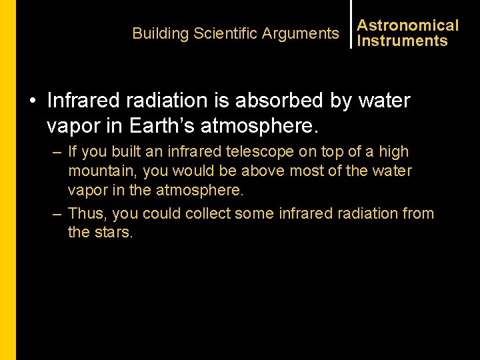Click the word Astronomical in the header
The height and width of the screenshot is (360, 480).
point(407,25)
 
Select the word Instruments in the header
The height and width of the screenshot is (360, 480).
point(402,41)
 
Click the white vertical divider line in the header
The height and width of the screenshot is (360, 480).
point(351,24)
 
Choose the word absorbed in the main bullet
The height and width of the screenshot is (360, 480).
point(294,101)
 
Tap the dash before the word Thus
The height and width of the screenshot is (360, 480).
point(57,214)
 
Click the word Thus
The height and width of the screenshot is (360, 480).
point(87,213)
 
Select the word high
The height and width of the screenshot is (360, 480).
point(393,152)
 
